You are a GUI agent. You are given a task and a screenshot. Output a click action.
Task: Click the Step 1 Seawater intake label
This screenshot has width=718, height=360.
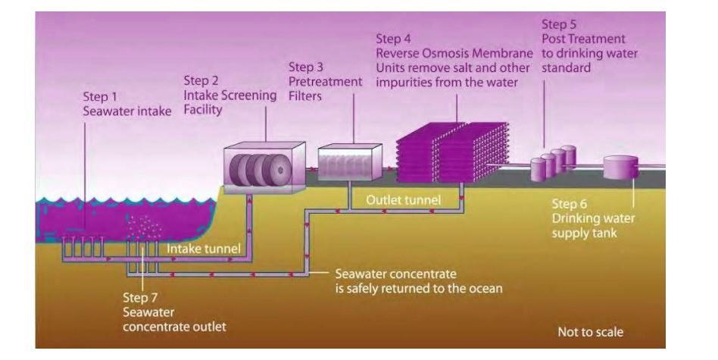(x=126, y=106)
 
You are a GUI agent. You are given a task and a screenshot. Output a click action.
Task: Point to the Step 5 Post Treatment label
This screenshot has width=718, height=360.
(x=583, y=54)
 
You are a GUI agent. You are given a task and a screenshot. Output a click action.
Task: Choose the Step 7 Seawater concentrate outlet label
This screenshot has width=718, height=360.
(x=173, y=311)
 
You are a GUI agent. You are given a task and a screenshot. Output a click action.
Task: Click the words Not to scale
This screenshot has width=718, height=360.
(x=590, y=332)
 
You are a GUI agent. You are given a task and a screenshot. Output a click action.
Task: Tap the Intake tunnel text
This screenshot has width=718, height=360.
(x=202, y=248)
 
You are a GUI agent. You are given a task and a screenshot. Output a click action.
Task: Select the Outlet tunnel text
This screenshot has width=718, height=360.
(x=403, y=200)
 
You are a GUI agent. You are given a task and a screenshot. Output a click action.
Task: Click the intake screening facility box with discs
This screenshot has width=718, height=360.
(x=264, y=167)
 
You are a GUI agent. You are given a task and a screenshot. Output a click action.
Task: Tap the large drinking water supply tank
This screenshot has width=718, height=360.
(x=620, y=167)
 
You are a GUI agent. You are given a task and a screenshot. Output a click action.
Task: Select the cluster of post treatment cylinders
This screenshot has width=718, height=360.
(x=553, y=163)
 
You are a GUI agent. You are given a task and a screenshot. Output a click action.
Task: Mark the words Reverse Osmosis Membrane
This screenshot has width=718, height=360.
(x=453, y=52)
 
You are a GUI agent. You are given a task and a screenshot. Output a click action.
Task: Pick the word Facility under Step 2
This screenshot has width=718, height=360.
(x=204, y=111)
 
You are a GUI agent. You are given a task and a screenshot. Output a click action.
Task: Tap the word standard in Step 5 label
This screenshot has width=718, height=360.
(x=568, y=67)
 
